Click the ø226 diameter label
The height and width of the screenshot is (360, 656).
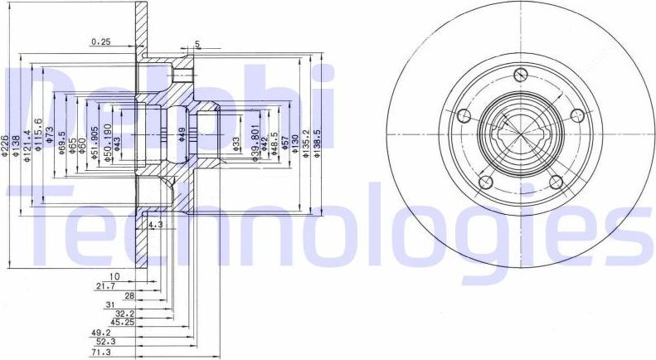[x=6, y=142]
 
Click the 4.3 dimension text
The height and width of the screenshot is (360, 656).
[x=155, y=225]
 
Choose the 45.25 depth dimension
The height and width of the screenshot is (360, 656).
[x=123, y=322]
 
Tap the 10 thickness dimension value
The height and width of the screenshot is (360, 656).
[x=114, y=276]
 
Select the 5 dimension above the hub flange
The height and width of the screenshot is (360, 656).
[x=197, y=44]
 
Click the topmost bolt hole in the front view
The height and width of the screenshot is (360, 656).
[x=520, y=75]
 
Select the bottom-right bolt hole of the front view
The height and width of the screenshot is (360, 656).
[x=556, y=182]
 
